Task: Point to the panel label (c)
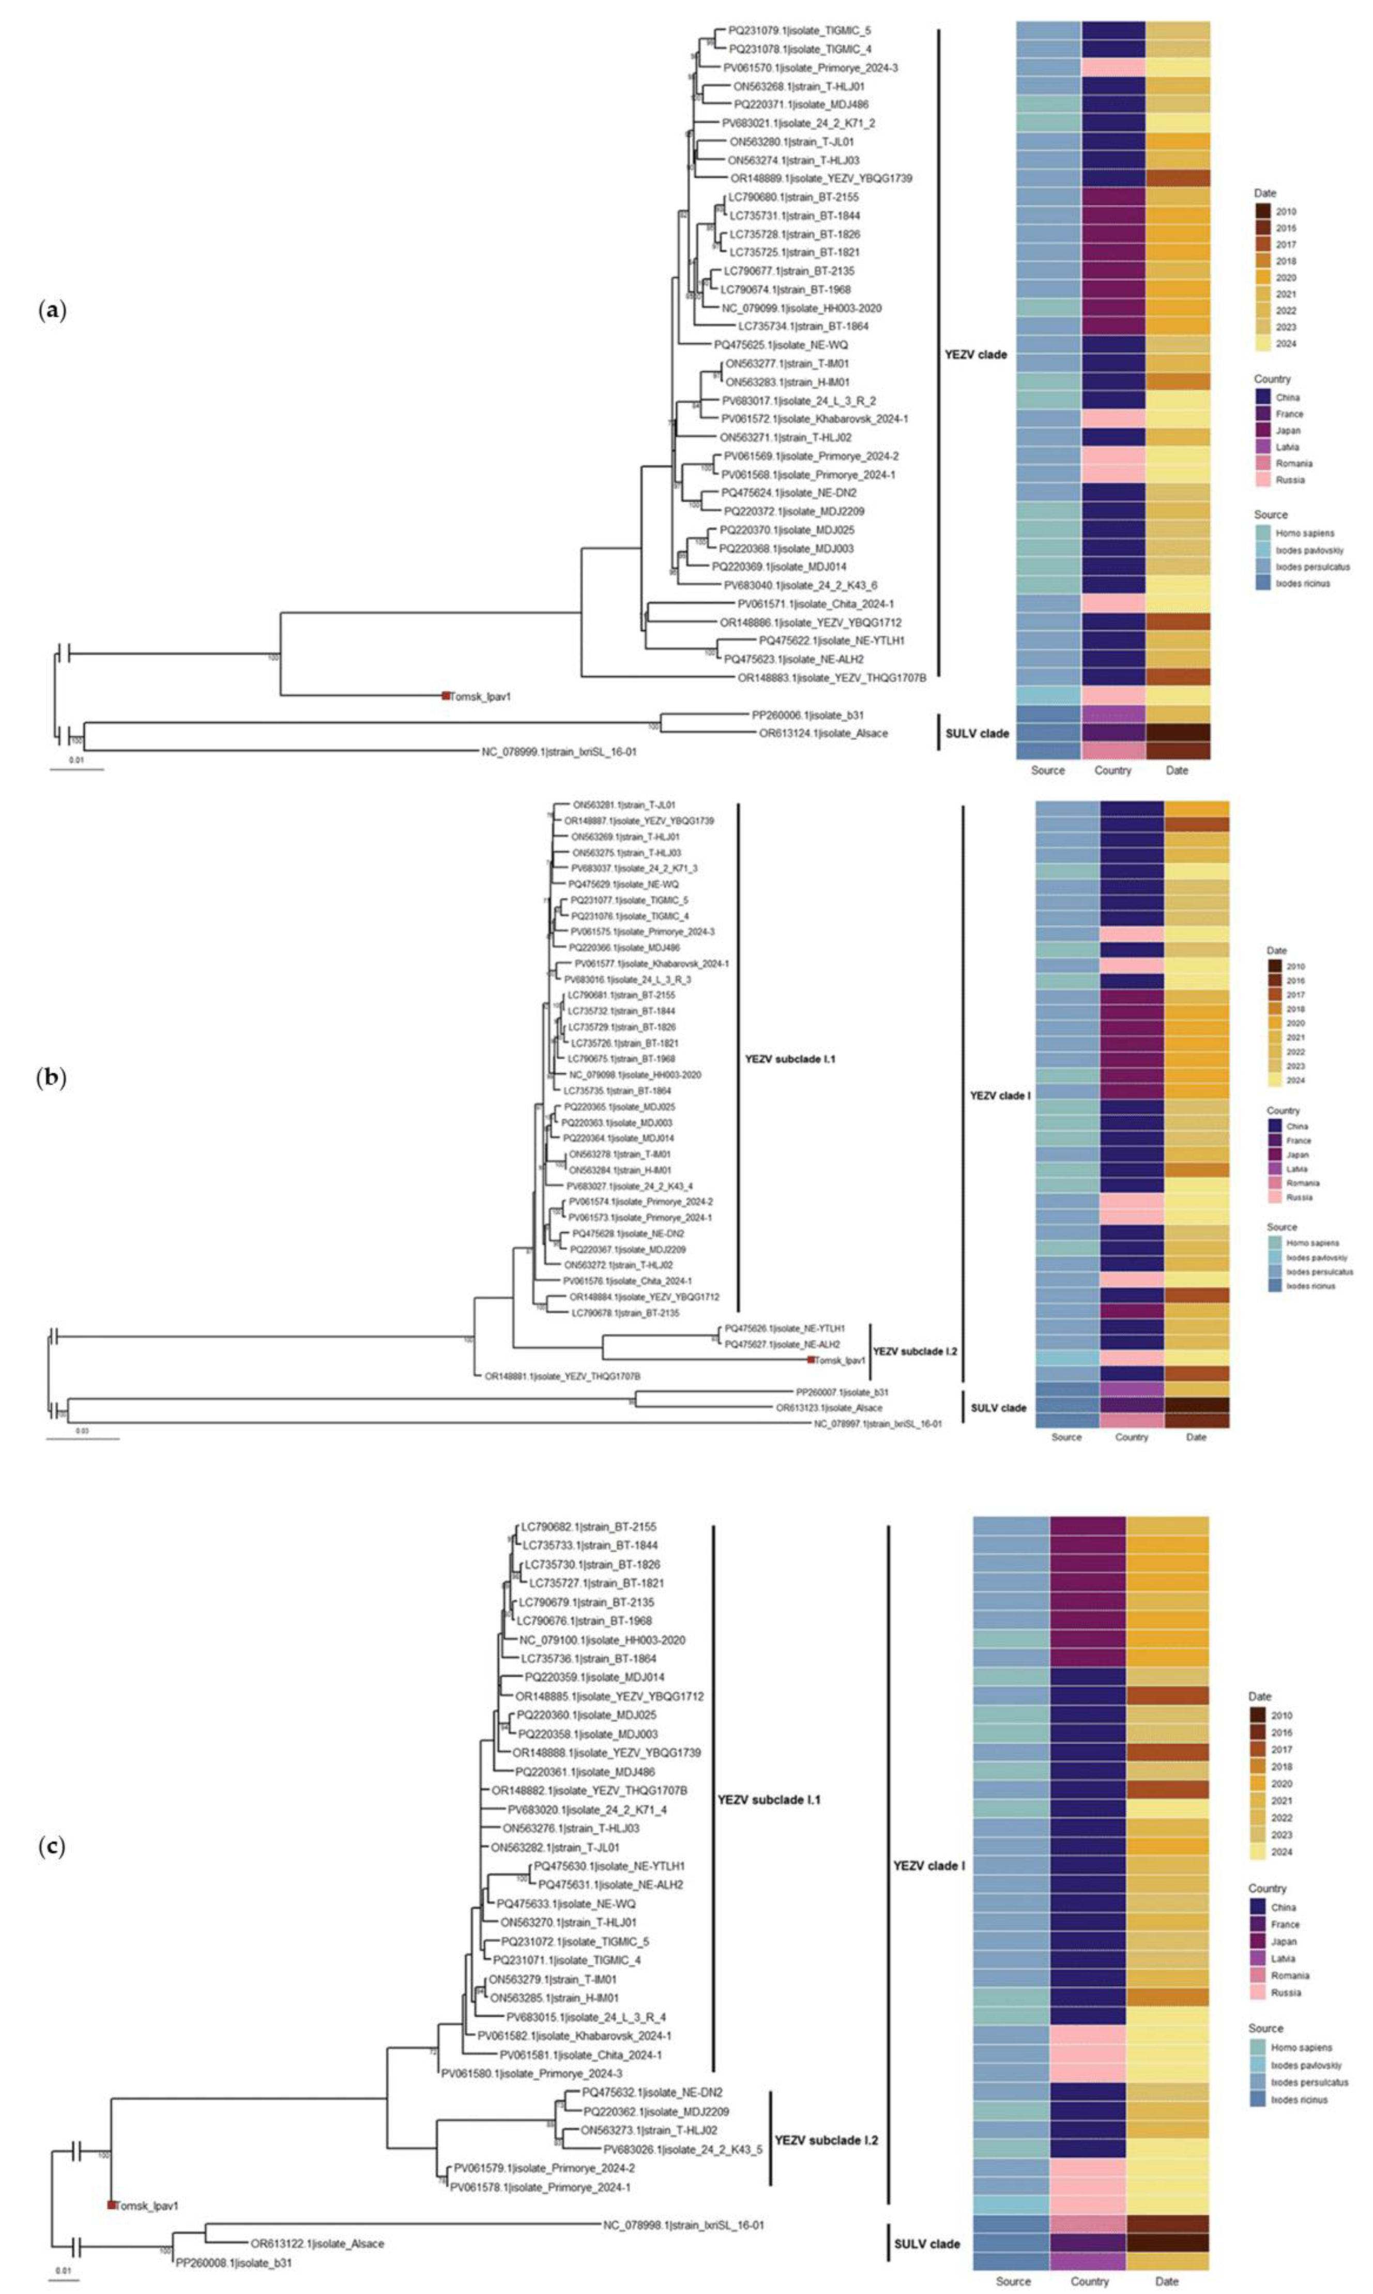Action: [51, 1846]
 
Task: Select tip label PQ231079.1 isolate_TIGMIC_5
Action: [799, 31]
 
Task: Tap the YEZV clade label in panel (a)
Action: [975, 355]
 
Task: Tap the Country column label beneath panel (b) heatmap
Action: [1132, 1437]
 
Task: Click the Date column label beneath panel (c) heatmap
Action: [1167, 2281]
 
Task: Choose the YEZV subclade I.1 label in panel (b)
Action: [789, 1059]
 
